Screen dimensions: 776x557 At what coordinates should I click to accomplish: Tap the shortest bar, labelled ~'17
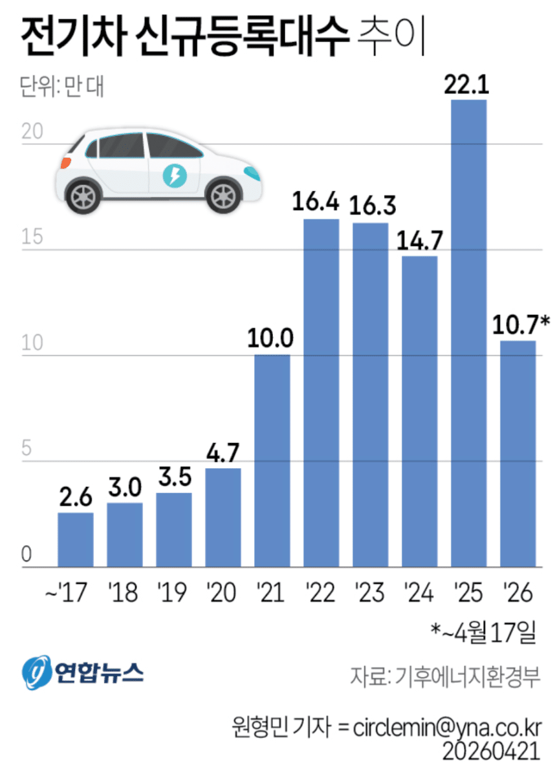pos(76,540)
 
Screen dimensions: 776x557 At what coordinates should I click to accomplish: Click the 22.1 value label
pos(468,85)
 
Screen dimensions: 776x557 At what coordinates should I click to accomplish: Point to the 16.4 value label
pos(322,203)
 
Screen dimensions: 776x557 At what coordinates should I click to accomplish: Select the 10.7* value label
pos(521,323)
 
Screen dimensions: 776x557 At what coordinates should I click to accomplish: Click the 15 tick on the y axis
pos(30,238)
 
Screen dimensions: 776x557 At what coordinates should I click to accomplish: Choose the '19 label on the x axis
pos(173,592)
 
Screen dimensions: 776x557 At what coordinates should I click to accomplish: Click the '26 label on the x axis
pos(518,592)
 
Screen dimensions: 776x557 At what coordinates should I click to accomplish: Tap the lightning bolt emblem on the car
pos(173,175)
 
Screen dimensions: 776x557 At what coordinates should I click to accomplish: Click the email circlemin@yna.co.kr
pos(447,726)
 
